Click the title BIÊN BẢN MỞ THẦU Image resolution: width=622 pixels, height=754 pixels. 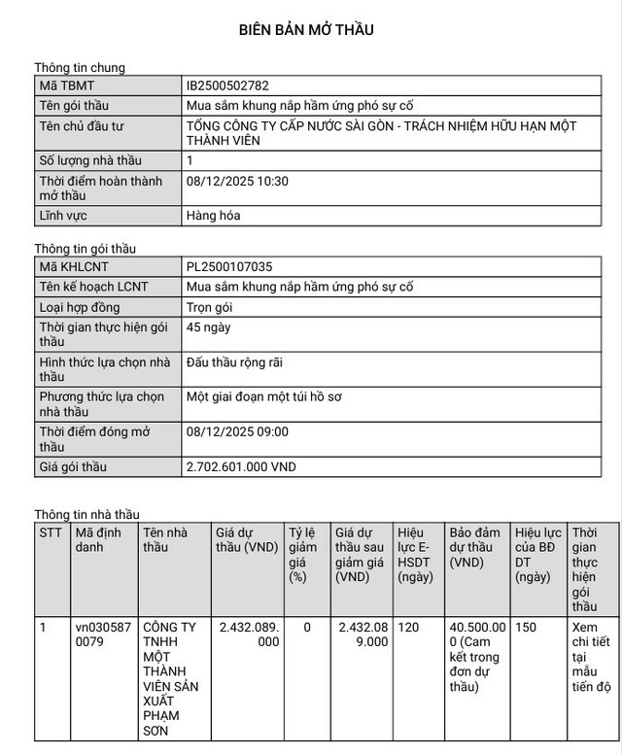coord(306,30)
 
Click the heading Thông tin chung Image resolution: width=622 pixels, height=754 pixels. coord(80,67)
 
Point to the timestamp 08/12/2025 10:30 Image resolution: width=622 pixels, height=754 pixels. coord(237,181)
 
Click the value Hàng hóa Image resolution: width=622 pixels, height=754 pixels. coord(213,216)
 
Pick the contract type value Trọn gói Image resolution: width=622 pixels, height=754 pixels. coord(209,307)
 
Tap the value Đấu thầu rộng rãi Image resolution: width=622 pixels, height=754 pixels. coord(234,362)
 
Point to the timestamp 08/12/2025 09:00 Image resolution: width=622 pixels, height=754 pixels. coord(237,431)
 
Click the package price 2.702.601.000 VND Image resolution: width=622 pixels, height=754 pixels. coord(241,467)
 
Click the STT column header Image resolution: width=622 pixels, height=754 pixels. coord(51,532)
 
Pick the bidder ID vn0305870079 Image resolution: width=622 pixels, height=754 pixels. coord(100,634)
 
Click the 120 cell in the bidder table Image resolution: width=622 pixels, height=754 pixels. coord(408,628)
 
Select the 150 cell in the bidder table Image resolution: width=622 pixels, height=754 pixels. coord(527,628)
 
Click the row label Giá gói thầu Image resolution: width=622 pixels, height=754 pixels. coord(74,467)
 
